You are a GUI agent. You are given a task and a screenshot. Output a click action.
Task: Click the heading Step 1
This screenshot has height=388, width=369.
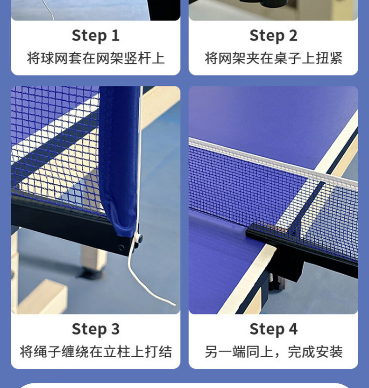coord(96,36)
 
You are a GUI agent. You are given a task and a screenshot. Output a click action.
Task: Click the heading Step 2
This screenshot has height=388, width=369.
coord(273,36)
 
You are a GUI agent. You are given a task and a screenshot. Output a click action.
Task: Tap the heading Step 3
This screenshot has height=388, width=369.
coord(96,330)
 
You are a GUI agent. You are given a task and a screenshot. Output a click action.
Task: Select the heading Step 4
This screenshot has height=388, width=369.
coord(273,330)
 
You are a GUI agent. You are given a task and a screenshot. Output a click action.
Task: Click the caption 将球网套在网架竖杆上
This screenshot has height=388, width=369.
coord(96,58)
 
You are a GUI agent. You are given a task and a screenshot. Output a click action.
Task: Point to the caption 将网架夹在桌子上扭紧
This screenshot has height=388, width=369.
coord(273,58)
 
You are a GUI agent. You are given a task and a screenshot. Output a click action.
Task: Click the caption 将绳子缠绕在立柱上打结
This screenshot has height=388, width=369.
coord(96,352)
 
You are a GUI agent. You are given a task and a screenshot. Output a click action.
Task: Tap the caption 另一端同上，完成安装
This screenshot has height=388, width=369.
coord(273,352)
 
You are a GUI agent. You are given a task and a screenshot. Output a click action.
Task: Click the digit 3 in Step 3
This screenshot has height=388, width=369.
coord(115,329)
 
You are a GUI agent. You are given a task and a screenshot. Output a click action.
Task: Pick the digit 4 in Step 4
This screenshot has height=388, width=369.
coord(293,329)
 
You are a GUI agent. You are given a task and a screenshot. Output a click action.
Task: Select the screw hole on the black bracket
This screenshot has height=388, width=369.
coord(121,247)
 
